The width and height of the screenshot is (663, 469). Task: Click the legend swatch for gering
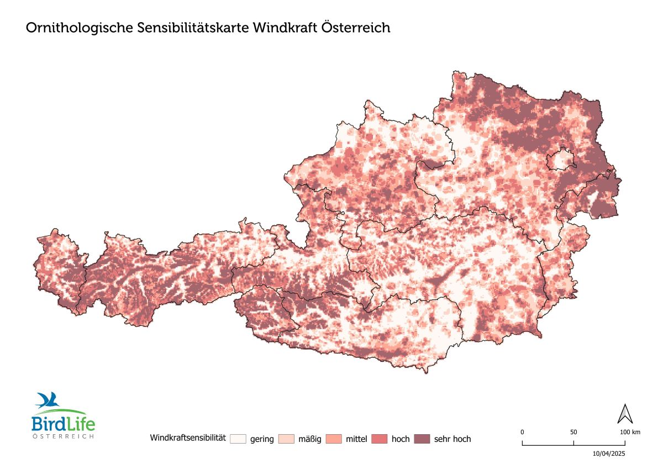click(238, 439)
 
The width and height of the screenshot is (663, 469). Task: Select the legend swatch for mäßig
click(286, 439)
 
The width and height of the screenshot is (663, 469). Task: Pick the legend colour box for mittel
click(334, 439)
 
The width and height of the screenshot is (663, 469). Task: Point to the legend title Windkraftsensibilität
click(188, 439)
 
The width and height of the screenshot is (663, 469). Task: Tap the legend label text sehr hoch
click(452, 439)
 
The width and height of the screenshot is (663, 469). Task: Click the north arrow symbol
click(625, 414)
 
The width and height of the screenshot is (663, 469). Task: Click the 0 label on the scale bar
click(522, 432)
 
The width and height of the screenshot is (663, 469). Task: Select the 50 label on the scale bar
click(573, 432)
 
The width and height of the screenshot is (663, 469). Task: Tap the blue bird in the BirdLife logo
click(48, 399)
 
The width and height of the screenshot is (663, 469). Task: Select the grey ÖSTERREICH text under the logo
click(62, 436)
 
